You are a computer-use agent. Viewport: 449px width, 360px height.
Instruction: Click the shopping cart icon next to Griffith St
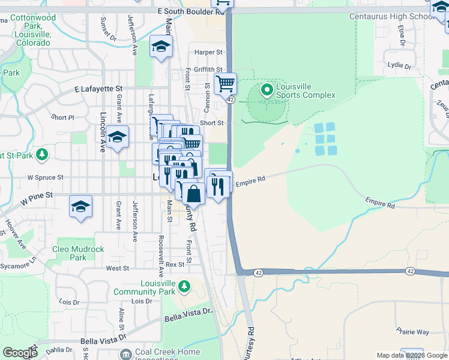coord(225,84)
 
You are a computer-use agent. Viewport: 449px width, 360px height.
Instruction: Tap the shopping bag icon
coord(194,194)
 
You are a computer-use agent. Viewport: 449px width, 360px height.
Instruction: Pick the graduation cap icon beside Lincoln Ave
coord(118,137)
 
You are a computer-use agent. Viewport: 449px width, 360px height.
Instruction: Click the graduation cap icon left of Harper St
coord(161,46)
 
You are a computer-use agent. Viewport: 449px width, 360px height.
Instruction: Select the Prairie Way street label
coord(412,331)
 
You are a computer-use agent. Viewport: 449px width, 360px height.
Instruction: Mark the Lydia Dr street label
coord(399,65)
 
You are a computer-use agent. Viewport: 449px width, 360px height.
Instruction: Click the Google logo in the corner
coord(20,353)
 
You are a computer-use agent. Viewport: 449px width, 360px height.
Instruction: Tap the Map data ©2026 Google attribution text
coord(412,355)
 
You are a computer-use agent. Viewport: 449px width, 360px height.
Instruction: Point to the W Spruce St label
coord(45,178)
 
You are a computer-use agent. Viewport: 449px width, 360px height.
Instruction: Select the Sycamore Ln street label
coord(18,265)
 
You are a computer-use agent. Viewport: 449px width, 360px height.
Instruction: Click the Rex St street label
coord(175,264)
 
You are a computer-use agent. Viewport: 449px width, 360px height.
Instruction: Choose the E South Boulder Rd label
coord(185,11)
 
